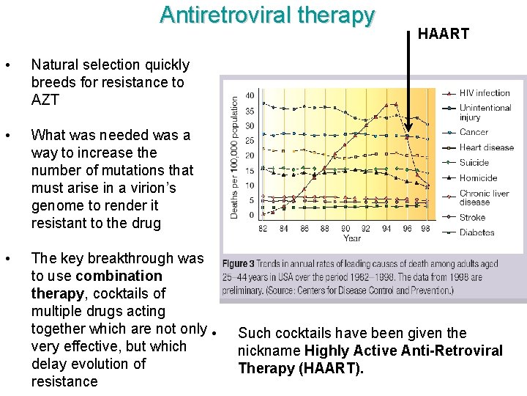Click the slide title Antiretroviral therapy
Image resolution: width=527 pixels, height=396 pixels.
(267, 15)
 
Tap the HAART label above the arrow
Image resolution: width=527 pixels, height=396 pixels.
(443, 34)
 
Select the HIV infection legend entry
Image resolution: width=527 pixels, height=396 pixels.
(484, 93)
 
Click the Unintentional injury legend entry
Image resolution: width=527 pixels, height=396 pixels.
(485, 112)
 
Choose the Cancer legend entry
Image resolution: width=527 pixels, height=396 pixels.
(474, 132)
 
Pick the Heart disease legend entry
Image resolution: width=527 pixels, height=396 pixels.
(486, 147)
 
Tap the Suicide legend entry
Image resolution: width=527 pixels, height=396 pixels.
(474, 163)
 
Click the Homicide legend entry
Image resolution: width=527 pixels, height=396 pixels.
(478, 178)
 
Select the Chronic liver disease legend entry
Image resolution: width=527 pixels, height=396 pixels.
(485, 198)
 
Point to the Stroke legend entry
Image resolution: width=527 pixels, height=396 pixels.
(472, 217)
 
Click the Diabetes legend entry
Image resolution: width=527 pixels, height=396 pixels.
(476, 232)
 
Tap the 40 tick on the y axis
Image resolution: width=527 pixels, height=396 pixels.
(250, 95)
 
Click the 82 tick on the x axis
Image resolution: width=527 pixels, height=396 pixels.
(263, 229)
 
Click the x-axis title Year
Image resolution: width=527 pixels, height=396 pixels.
(352, 238)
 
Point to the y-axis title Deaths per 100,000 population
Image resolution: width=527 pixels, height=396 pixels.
(235, 157)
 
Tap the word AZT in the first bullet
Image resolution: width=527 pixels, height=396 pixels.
(45, 100)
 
